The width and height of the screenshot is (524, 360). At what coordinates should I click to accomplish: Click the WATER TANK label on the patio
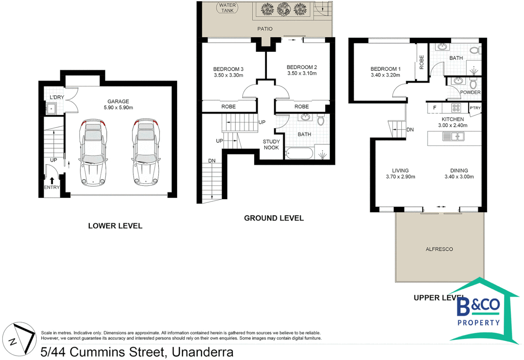pyautogui.click(x=227, y=8)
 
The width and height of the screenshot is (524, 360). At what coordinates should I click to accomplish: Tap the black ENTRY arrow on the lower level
pyautogui.click(x=52, y=180)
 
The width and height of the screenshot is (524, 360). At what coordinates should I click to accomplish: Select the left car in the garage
pyautogui.click(x=93, y=152)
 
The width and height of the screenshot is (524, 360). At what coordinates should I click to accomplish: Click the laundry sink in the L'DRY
pyautogui.click(x=51, y=109)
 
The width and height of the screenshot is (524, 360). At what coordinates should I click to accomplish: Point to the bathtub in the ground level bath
pyautogui.click(x=299, y=153)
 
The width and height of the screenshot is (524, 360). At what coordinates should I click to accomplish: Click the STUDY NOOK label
pyautogui.click(x=271, y=144)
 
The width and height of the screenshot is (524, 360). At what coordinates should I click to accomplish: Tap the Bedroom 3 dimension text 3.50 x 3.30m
pyautogui.click(x=228, y=75)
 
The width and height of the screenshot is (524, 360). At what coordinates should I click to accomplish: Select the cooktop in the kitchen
pyautogui.click(x=456, y=108)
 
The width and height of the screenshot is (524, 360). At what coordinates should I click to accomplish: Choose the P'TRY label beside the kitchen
pyautogui.click(x=475, y=108)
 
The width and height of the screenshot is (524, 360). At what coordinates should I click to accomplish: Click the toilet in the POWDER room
pyautogui.click(x=473, y=83)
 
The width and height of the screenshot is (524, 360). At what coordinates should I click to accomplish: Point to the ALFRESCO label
pyautogui.click(x=439, y=249)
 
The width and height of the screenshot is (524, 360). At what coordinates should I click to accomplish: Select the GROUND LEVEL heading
pyautogui.click(x=274, y=218)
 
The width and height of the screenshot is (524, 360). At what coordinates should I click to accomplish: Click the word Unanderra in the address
pyautogui.click(x=202, y=352)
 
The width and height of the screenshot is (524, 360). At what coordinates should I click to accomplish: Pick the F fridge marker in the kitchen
pyautogui.click(x=435, y=108)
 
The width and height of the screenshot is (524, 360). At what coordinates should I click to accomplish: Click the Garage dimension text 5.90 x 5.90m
pyautogui.click(x=118, y=108)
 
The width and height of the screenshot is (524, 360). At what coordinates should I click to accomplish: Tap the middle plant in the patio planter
pyautogui.click(x=284, y=9)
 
